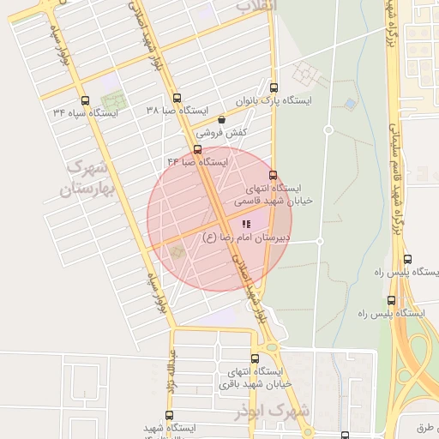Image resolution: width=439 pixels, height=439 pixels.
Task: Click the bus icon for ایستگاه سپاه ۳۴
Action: click(x=84, y=99)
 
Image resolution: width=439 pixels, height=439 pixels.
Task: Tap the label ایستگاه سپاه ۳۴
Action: click(x=85, y=112)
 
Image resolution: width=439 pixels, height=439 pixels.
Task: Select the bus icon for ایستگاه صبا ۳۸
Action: click(x=177, y=98)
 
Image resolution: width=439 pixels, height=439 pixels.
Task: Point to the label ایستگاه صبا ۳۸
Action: click(x=177, y=111)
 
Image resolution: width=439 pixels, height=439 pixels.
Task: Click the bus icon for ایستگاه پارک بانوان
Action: click(x=274, y=87)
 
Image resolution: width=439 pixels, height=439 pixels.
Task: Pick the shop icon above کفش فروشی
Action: click(x=222, y=120)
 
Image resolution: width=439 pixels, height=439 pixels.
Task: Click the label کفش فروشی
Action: click(x=222, y=133)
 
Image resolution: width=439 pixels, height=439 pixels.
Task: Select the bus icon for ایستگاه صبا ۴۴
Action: click(x=198, y=149)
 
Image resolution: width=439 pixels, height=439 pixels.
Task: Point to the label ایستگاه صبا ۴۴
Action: click(x=198, y=161)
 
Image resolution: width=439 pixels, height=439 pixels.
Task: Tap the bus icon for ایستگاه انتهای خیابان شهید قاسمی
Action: click(x=274, y=175)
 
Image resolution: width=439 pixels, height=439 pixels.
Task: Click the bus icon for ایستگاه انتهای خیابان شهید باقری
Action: click(x=255, y=358)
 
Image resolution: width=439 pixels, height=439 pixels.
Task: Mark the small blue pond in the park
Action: click(x=350, y=105)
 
